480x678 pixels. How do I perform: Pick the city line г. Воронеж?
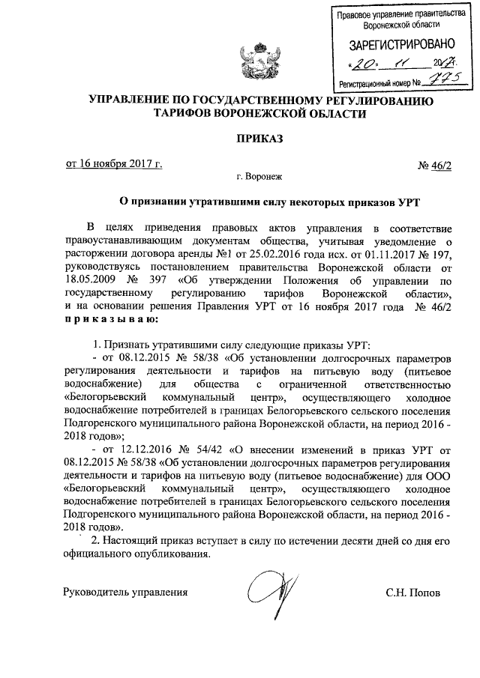(257, 178)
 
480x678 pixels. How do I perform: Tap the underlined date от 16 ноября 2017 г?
(112, 165)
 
